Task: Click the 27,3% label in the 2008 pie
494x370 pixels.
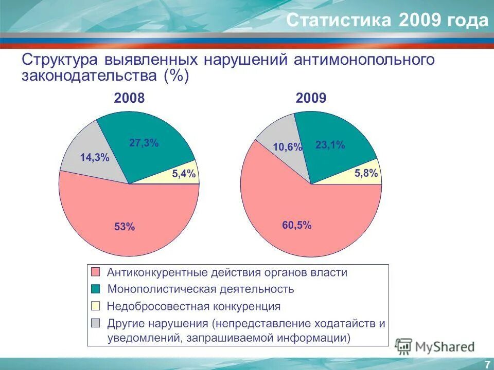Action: [144, 143]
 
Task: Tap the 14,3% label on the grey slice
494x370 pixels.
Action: [94, 158]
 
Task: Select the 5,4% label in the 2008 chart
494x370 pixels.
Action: [183, 174]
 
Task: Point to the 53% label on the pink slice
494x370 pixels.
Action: [125, 226]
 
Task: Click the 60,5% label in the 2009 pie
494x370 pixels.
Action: [296, 225]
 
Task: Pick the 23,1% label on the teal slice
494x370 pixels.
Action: [330, 145]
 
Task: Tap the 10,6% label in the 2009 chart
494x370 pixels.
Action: [287, 147]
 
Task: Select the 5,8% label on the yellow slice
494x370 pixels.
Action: [366, 174]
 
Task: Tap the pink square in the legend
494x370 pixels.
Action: [96, 272]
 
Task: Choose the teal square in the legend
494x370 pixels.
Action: [96, 289]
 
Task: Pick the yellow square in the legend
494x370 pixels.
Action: [96, 306]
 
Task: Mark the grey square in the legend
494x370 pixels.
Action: [96, 324]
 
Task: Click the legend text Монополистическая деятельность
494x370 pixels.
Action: [201, 289]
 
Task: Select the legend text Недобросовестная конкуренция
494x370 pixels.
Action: [193, 306]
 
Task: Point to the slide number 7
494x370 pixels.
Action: [487, 364]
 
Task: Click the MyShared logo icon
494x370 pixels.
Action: [404, 346]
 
